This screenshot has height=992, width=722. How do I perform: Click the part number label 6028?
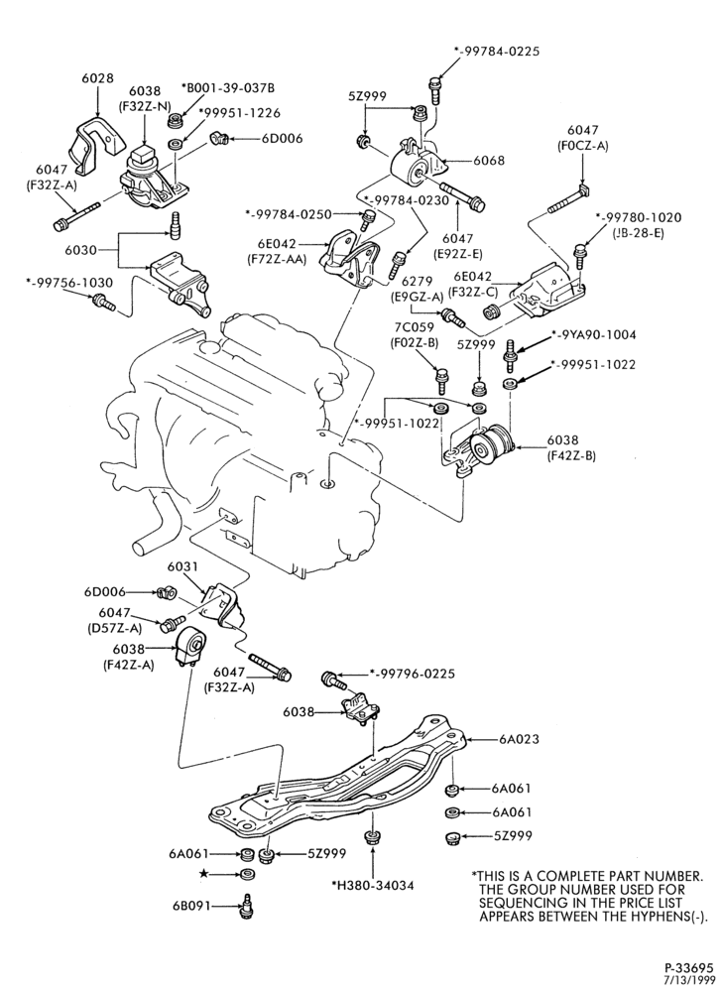97,78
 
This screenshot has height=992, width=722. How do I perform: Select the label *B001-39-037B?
227,87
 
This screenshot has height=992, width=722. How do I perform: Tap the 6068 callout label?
489,161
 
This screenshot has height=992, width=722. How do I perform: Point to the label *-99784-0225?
497,52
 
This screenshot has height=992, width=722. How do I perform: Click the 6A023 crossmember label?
519,738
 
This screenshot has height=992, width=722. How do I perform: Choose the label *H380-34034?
372,885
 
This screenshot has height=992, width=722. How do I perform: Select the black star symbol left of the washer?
203,874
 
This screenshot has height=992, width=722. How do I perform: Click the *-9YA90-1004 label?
594,334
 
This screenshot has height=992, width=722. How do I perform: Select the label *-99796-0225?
412,674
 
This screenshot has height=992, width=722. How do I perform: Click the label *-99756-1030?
68,282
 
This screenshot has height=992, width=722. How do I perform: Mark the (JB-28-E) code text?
639,231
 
